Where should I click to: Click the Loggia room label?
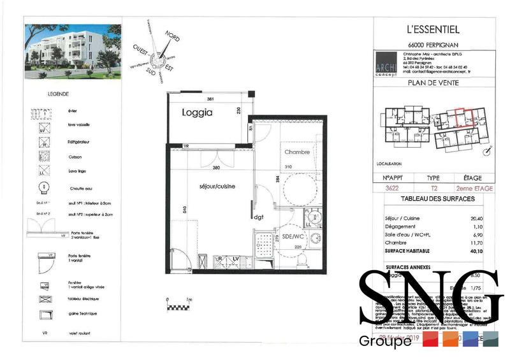(196, 113)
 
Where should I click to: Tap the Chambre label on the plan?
(297, 152)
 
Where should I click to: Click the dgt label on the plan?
(259, 217)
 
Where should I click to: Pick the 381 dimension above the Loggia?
(210, 99)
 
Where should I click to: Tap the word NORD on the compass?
(172, 38)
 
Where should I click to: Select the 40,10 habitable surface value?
(472, 250)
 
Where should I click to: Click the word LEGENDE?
(59, 94)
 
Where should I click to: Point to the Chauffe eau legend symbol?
(43, 187)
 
